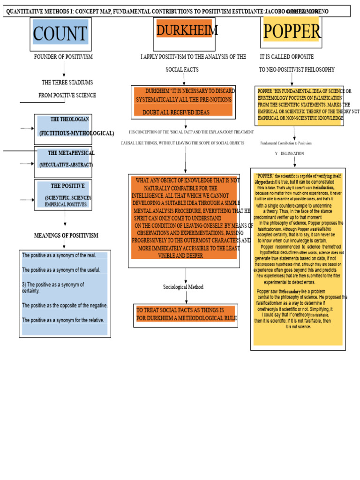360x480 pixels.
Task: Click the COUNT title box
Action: (x=60, y=34)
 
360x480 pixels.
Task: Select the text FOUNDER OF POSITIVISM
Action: (x=63, y=57)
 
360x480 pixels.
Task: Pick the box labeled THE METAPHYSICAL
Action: (x=63, y=159)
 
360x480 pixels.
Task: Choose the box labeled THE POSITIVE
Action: (x=63, y=195)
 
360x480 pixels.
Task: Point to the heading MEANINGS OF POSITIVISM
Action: (x=66, y=235)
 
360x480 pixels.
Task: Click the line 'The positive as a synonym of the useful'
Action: (x=61, y=270)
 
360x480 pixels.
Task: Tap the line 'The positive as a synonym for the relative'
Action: (x=63, y=320)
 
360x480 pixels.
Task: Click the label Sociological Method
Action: (x=183, y=287)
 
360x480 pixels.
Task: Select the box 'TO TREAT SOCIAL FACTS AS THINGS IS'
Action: (x=186, y=315)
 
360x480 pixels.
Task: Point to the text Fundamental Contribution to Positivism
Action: (x=286, y=143)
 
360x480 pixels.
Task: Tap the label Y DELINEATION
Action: (x=289, y=153)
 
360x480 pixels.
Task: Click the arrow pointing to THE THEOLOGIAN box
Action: (x=27, y=128)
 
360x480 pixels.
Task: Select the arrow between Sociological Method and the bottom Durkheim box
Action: (x=186, y=297)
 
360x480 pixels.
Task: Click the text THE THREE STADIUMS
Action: (x=67, y=82)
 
